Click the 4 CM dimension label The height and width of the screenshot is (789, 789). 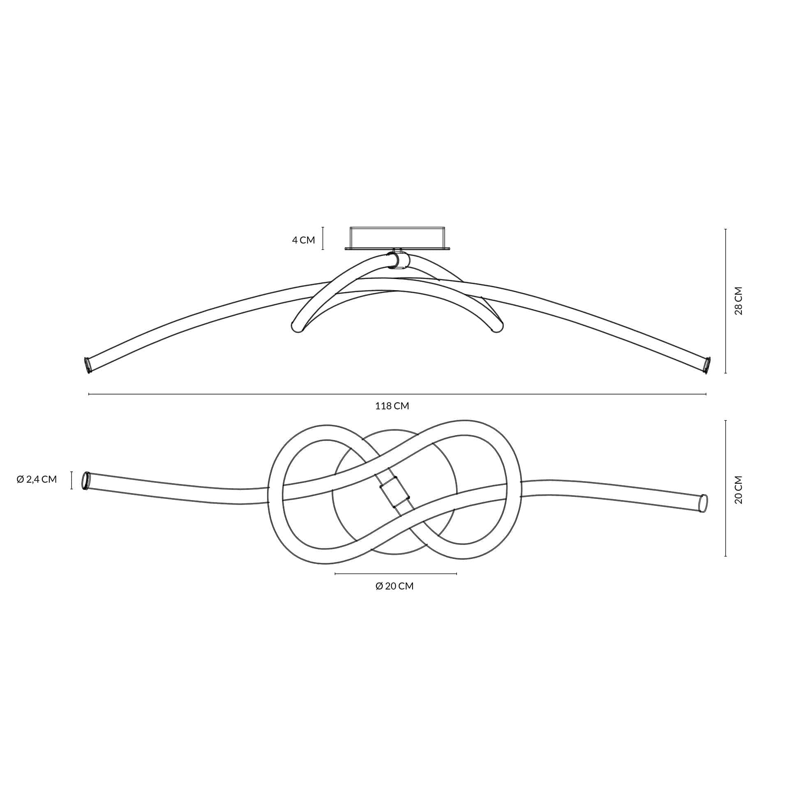(x=303, y=240)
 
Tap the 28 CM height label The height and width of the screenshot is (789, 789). (x=738, y=301)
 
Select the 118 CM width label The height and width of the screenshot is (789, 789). (x=392, y=406)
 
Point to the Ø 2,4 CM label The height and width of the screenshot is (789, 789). (x=37, y=479)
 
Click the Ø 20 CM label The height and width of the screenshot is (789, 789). (x=394, y=586)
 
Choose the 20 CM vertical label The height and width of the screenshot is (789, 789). (x=738, y=490)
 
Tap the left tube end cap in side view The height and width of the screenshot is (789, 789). (x=88, y=365)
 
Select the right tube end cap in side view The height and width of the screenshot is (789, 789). (x=707, y=365)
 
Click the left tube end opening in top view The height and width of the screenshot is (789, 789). (x=86, y=480)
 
